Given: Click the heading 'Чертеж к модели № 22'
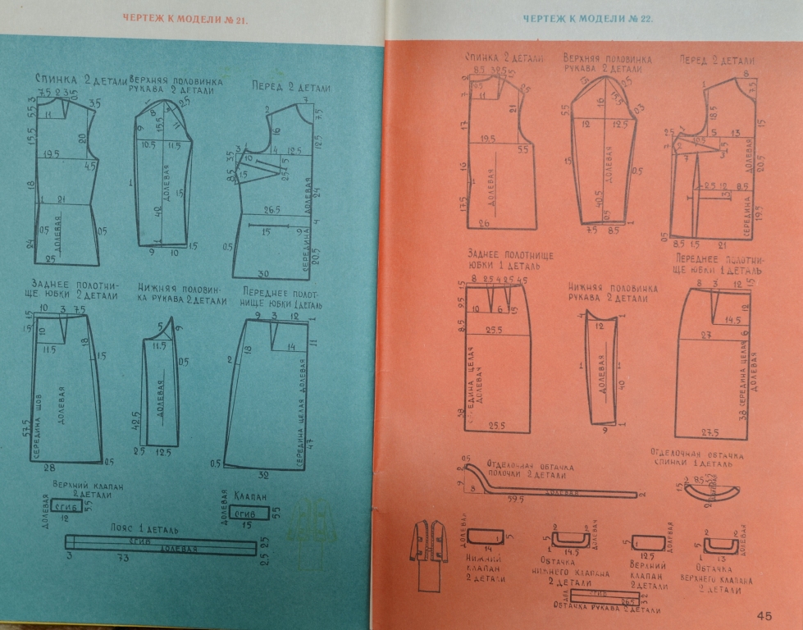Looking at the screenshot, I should coord(587,18).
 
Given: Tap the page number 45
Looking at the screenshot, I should coord(764,615).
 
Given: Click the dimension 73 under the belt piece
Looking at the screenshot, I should coord(124,559).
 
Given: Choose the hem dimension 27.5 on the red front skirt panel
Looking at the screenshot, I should coord(710,432).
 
